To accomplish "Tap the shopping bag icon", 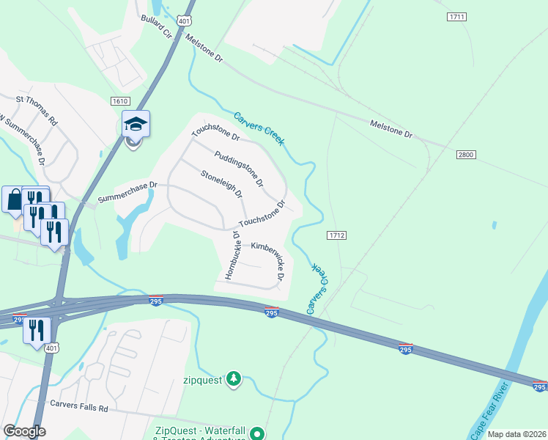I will click(x=15, y=199).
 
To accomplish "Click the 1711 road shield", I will click(x=456, y=16).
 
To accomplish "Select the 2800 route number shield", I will click(x=465, y=155).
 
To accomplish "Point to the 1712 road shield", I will click(x=336, y=235).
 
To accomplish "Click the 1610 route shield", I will click(x=121, y=100).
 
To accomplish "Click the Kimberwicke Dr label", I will click(x=267, y=256).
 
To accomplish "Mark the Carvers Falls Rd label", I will click(x=78, y=404).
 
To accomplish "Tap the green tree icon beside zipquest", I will click(x=233, y=378).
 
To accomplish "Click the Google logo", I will click(x=24, y=431).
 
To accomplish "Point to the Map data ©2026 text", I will click(x=516, y=434).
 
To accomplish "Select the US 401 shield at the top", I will click(x=187, y=21).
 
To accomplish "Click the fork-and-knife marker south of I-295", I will click(x=35, y=330).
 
